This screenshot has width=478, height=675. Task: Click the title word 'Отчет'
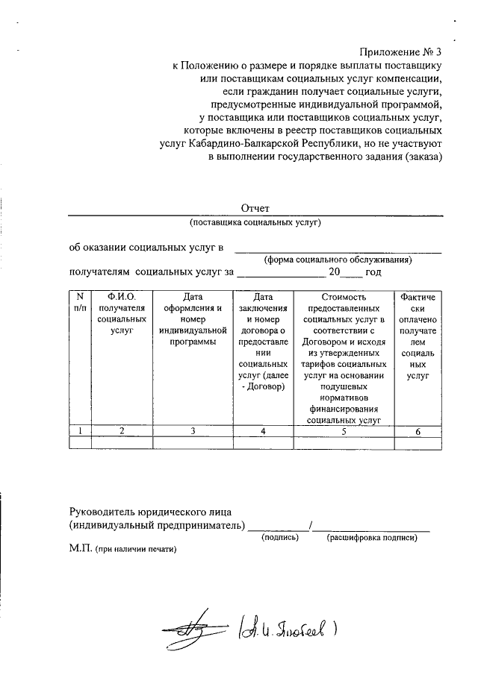(255, 207)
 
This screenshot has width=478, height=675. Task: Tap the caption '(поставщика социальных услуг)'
(255, 222)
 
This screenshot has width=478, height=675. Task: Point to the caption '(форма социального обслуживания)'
(338, 260)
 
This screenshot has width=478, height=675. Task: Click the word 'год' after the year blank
(373, 273)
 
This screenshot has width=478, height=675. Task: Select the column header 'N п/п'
(80, 303)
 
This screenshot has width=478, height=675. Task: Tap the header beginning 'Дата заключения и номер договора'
(264, 342)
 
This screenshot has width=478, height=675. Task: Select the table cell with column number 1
(80, 430)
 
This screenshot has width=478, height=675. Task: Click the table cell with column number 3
(193, 430)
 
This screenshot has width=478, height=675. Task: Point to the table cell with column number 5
(344, 430)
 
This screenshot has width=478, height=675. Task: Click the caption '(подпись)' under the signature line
(279, 537)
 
